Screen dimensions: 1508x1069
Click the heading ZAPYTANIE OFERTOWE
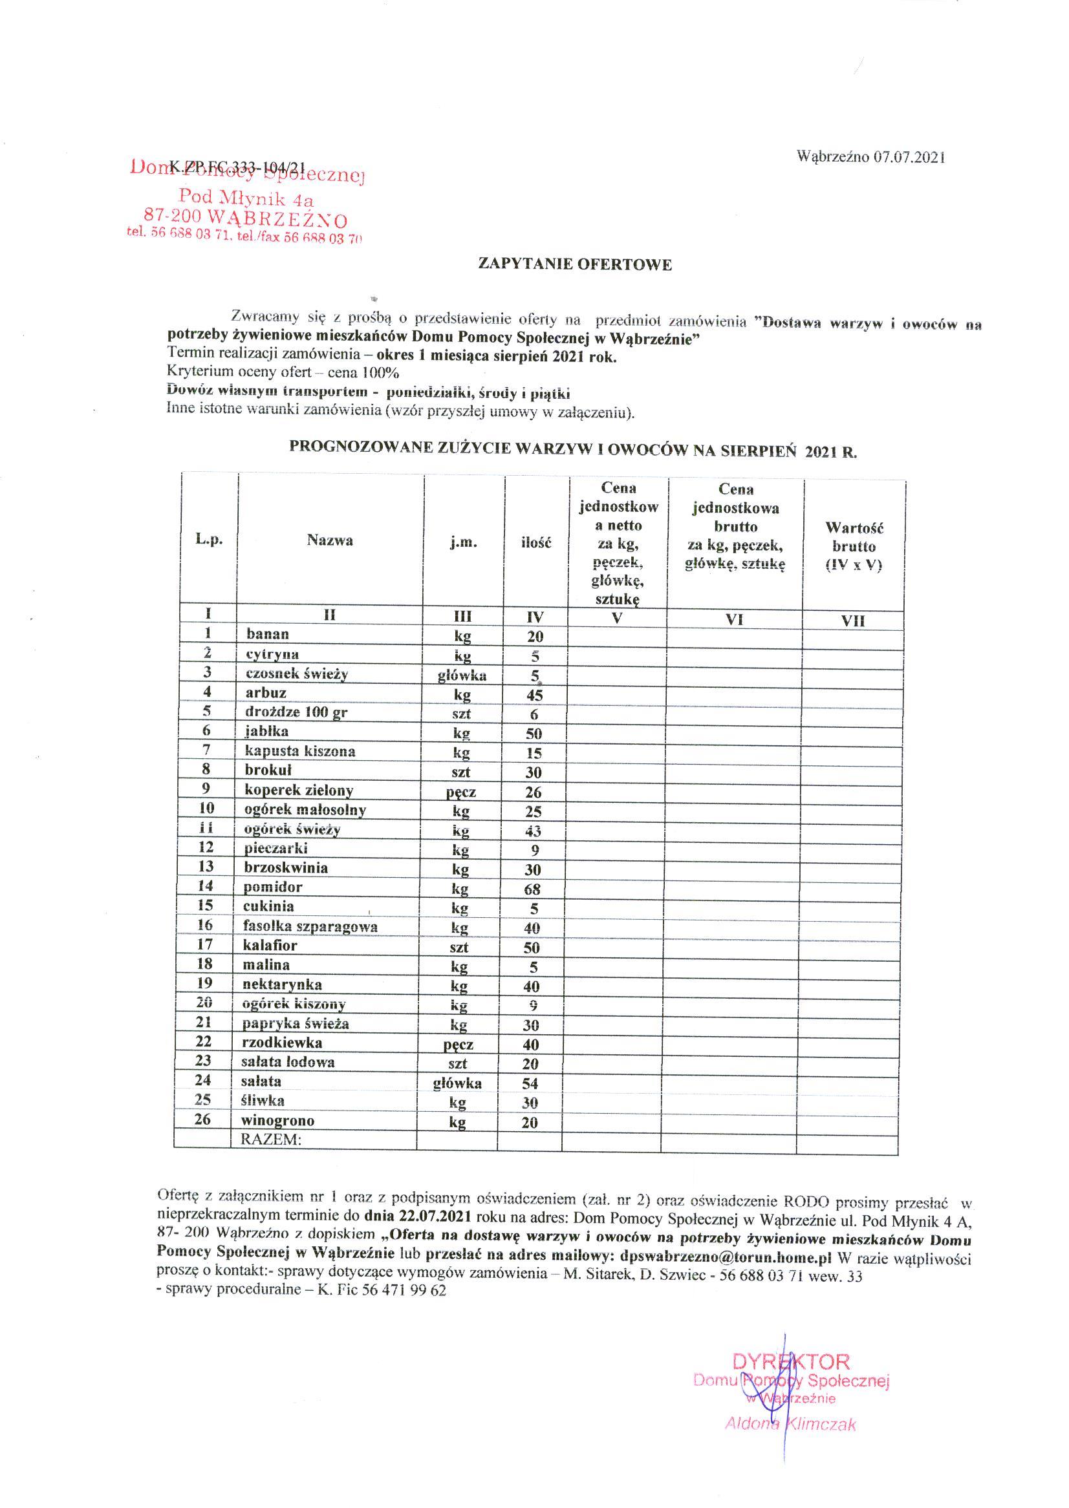(x=575, y=265)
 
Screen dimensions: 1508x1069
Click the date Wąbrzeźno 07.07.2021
(x=871, y=156)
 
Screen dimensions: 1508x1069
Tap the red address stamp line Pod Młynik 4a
(x=247, y=196)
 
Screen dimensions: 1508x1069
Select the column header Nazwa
(x=330, y=541)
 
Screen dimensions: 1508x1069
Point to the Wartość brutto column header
(x=854, y=546)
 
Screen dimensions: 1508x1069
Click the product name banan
(x=267, y=634)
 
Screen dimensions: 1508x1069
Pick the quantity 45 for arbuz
(x=534, y=696)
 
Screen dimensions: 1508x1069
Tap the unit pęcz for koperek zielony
(x=460, y=792)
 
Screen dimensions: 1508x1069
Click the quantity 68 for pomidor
(x=532, y=889)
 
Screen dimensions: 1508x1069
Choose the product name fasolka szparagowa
(x=310, y=927)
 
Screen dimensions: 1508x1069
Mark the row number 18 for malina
(x=206, y=964)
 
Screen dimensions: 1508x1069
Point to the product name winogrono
(x=279, y=1120)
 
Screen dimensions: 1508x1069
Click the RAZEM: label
(x=270, y=1140)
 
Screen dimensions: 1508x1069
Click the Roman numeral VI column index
(x=734, y=620)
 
